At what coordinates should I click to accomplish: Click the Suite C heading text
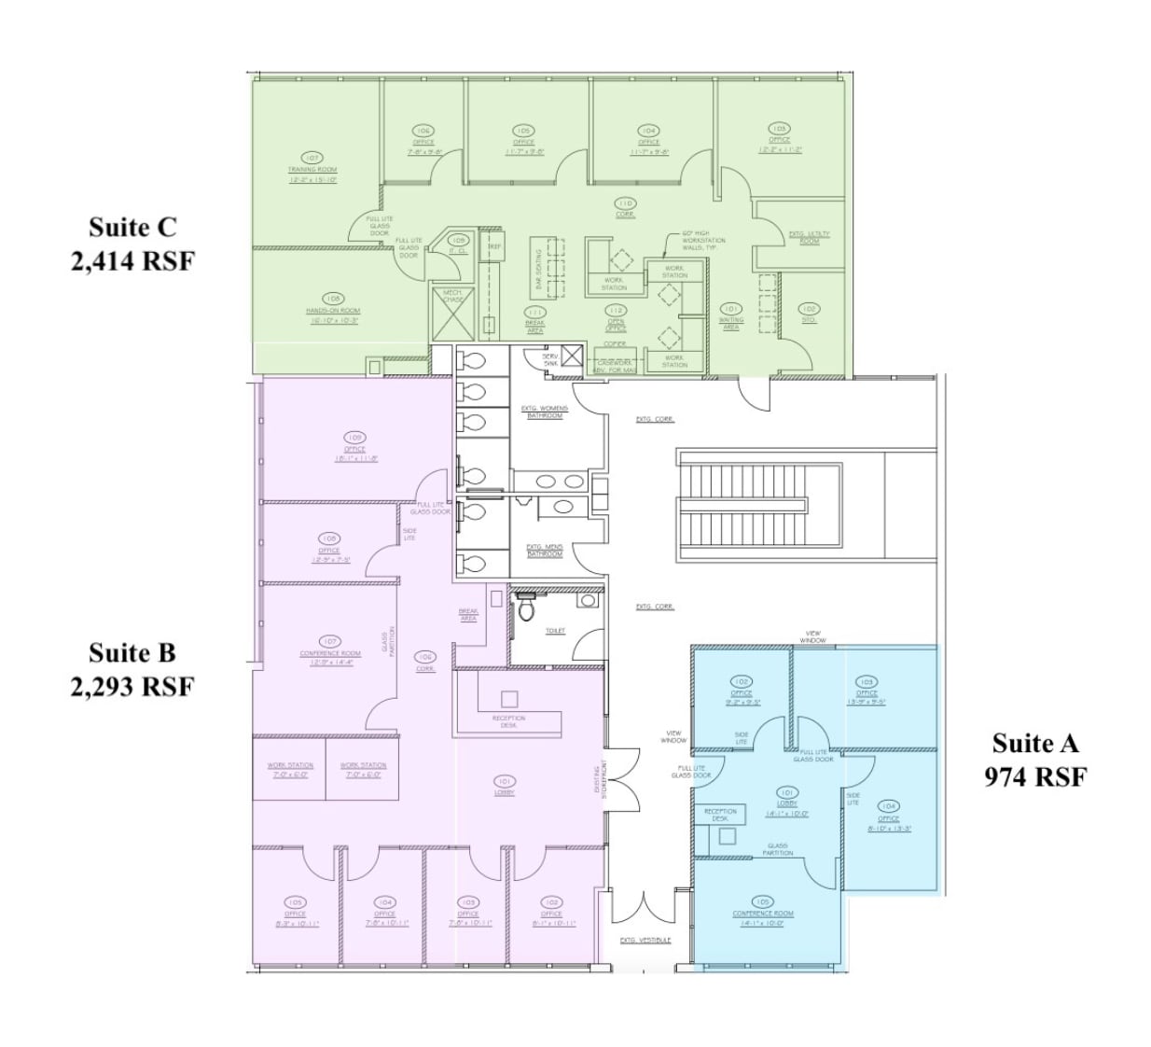[132, 228]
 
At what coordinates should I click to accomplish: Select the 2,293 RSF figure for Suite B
[132, 687]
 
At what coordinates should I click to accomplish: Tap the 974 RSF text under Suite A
[1034, 776]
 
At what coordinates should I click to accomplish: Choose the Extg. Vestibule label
[645, 940]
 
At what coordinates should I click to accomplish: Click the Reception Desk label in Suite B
[509, 721]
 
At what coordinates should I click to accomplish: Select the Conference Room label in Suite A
[763, 914]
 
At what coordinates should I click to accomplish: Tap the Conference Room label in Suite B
[330, 653]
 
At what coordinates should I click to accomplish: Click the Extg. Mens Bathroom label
[545, 551]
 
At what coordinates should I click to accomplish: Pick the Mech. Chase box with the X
[453, 316]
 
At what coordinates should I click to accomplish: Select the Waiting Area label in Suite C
[731, 323]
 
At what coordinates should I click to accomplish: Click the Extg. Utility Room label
[809, 237]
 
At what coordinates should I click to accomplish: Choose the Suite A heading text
[1034, 744]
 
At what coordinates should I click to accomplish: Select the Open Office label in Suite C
[616, 324]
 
